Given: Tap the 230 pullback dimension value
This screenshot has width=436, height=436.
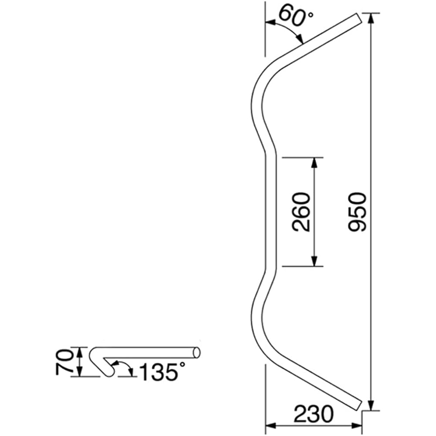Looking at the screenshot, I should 313,414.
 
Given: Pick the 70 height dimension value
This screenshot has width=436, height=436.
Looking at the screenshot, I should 64,361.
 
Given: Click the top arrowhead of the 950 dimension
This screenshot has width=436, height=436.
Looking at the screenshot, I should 371,17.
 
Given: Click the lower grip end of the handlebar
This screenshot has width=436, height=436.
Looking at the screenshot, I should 357,405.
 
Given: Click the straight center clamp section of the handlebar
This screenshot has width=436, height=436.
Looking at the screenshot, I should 271,212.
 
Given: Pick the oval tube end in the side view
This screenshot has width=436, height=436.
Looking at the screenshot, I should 197,352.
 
